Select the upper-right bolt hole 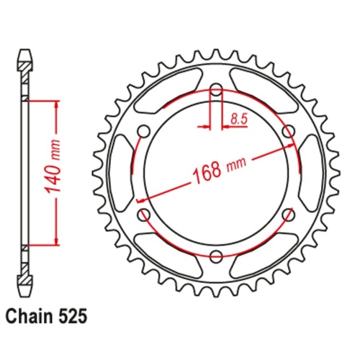click(x=288, y=131)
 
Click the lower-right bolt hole click(x=288, y=213)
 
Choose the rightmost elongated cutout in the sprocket click(x=310, y=172)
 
